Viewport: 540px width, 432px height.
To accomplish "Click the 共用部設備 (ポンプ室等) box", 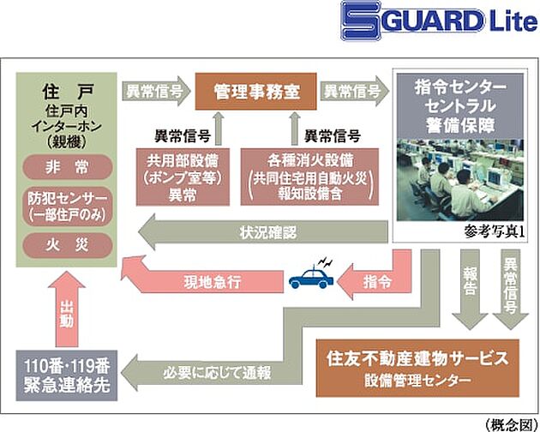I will (183, 175).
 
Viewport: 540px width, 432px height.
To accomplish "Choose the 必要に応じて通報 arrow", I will (214, 373).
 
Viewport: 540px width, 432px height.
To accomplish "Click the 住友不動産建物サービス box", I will (421, 365).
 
